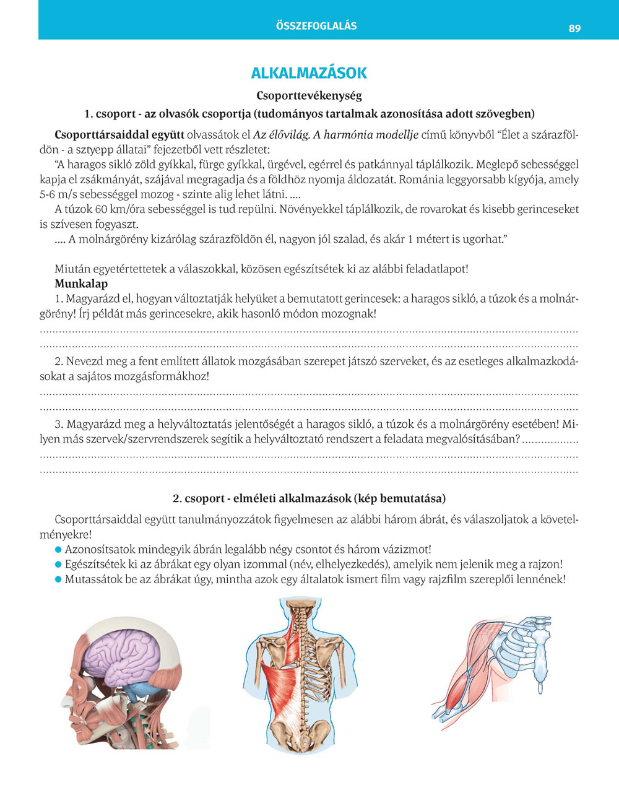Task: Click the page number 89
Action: (x=574, y=28)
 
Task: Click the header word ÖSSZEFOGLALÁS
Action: (x=316, y=26)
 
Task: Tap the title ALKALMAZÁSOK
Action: (x=309, y=73)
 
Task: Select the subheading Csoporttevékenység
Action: (x=309, y=96)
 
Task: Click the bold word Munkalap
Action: (x=81, y=284)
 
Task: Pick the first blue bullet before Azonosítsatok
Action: (x=59, y=549)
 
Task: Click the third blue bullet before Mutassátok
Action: (x=59, y=580)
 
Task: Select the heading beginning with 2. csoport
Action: (x=309, y=498)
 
